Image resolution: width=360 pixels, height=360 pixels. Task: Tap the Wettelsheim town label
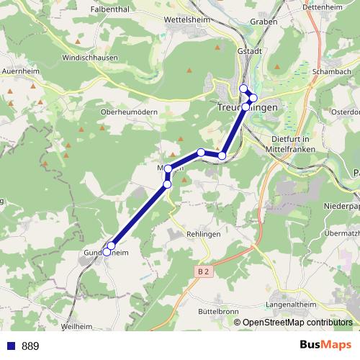[186, 20]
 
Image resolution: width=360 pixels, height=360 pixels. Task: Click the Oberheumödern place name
[129, 112]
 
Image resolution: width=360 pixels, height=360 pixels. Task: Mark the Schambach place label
[332, 73]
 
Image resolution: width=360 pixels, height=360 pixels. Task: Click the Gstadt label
[248, 53]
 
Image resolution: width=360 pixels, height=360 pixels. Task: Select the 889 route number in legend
[30, 346]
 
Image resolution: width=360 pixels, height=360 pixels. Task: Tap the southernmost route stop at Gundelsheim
[107, 252]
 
